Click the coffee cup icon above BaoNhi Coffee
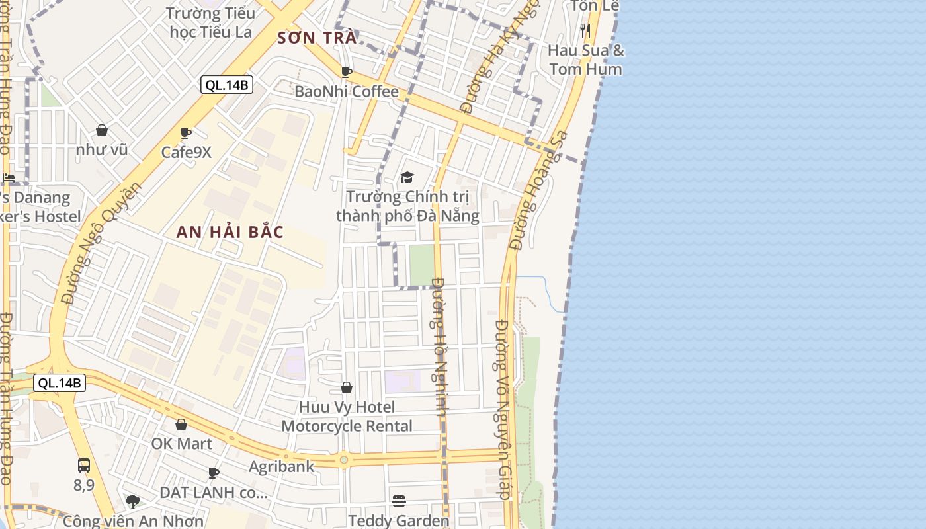point(346,72)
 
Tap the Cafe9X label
point(187,152)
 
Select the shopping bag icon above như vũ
point(102,130)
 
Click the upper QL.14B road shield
point(227,85)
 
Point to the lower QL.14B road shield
point(60,382)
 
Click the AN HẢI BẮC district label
point(230,232)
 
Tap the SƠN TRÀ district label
point(317,38)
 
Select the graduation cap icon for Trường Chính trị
point(407,177)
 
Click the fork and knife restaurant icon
point(585,30)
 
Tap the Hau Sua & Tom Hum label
point(586,60)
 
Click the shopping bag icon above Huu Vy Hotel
point(347,387)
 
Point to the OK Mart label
point(182,443)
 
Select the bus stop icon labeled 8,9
point(84,465)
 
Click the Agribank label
point(282,466)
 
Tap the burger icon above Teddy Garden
point(398,501)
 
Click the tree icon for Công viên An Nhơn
point(133,501)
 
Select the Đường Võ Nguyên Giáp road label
point(504,410)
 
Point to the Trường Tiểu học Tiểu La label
point(210,22)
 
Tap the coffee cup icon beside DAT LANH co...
point(213,473)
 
